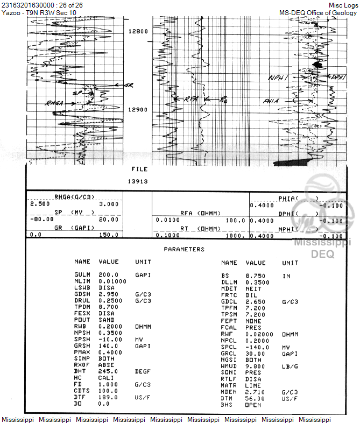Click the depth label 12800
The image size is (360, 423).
pos(138,31)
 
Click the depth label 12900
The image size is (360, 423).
pos(138,110)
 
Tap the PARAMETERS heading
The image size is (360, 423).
pos(184,249)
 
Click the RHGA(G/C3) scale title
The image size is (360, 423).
pos(73,197)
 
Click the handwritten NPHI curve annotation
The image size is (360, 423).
pos(278,79)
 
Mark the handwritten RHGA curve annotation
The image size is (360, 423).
pos(54,102)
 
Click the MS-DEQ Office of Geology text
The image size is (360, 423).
pos(318,12)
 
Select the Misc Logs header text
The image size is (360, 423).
pos(343,5)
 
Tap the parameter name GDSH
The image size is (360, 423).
pos(83,294)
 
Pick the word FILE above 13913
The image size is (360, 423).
pos(139,169)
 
